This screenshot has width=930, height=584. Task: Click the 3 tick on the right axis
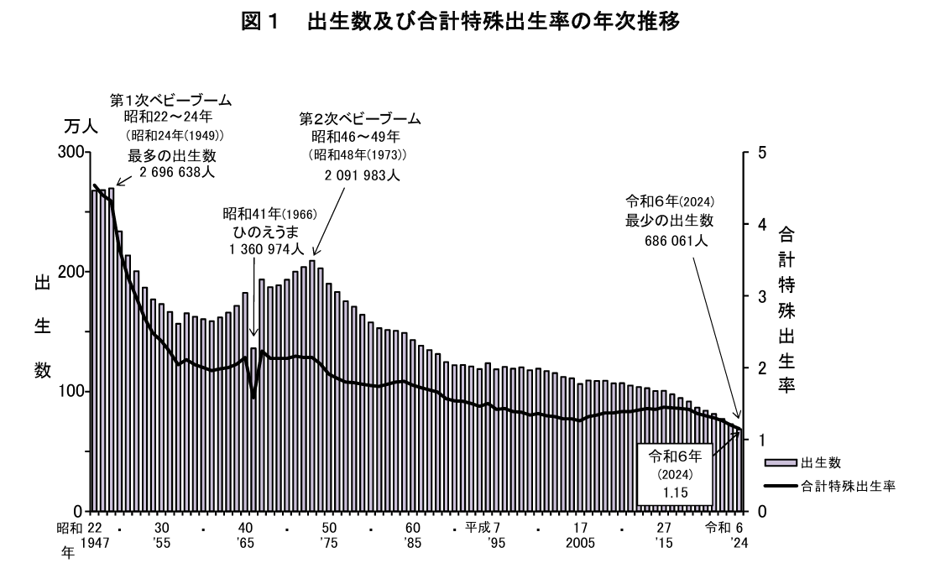click(x=760, y=296)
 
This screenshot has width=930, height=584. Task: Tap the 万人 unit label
click(x=81, y=128)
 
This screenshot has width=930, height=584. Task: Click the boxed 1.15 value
click(x=674, y=493)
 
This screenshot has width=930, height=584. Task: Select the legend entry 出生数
click(x=820, y=462)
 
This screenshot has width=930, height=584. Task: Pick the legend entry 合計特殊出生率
click(x=848, y=485)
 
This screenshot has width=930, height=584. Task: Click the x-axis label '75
click(x=330, y=543)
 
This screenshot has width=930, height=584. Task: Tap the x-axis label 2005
click(x=581, y=543)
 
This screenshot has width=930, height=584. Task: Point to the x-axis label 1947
click(x=97, y=543)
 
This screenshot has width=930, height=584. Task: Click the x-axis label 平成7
click(x=488, y=528)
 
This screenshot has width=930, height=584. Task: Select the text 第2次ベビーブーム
click(x=360, y=118)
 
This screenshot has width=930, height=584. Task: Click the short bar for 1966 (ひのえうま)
click(x=253, y=429)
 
